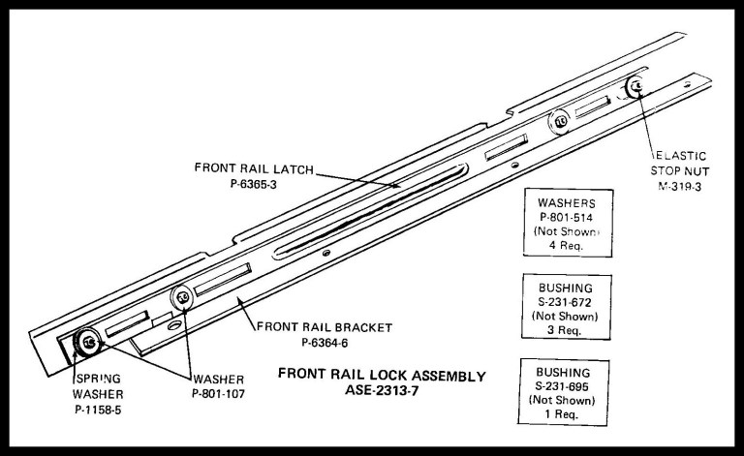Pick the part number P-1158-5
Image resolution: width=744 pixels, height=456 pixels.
pyautogui.click(x=101, y=410)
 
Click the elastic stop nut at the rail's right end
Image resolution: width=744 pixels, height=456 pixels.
pyautogui.click(x=634, y=87)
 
